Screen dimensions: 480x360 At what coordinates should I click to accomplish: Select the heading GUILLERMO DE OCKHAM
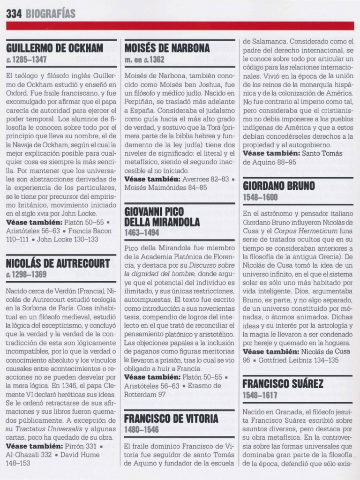click(x=55, y=48)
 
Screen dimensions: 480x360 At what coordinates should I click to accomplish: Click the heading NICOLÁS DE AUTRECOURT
click(x=58, y=263)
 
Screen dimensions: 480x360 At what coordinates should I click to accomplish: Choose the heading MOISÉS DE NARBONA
click(x=167, y=48)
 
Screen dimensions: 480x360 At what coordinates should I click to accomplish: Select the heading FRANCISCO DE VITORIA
click(x=171, y=418)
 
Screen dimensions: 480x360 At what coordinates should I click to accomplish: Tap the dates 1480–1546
click(x=142, y=429)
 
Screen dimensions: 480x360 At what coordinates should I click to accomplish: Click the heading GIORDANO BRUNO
click(x=279, y=186)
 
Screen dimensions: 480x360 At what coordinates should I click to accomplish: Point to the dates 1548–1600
click(x=261, y=198)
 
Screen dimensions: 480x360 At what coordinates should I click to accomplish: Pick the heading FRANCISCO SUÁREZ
click(x=283, y=384)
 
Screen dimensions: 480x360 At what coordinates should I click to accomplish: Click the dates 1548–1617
click(x=261, y=396)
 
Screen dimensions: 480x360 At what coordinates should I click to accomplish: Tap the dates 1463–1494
click(x=142, y=232)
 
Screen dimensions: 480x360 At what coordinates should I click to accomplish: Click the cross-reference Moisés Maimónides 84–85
click(x=165, y=187)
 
